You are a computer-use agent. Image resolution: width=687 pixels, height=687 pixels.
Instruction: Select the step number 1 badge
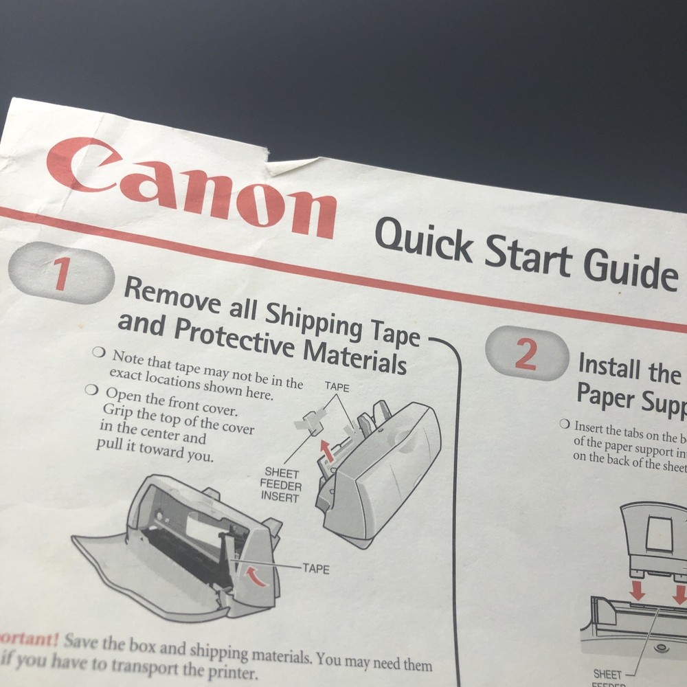click(x=62, y=273)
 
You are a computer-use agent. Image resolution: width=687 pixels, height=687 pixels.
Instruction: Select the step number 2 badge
click(x=526, y=355)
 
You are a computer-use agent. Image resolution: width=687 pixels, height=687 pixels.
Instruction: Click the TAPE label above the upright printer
click(x=337, y=387)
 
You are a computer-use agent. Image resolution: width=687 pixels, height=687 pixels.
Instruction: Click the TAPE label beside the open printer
click(x=315, y=569)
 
